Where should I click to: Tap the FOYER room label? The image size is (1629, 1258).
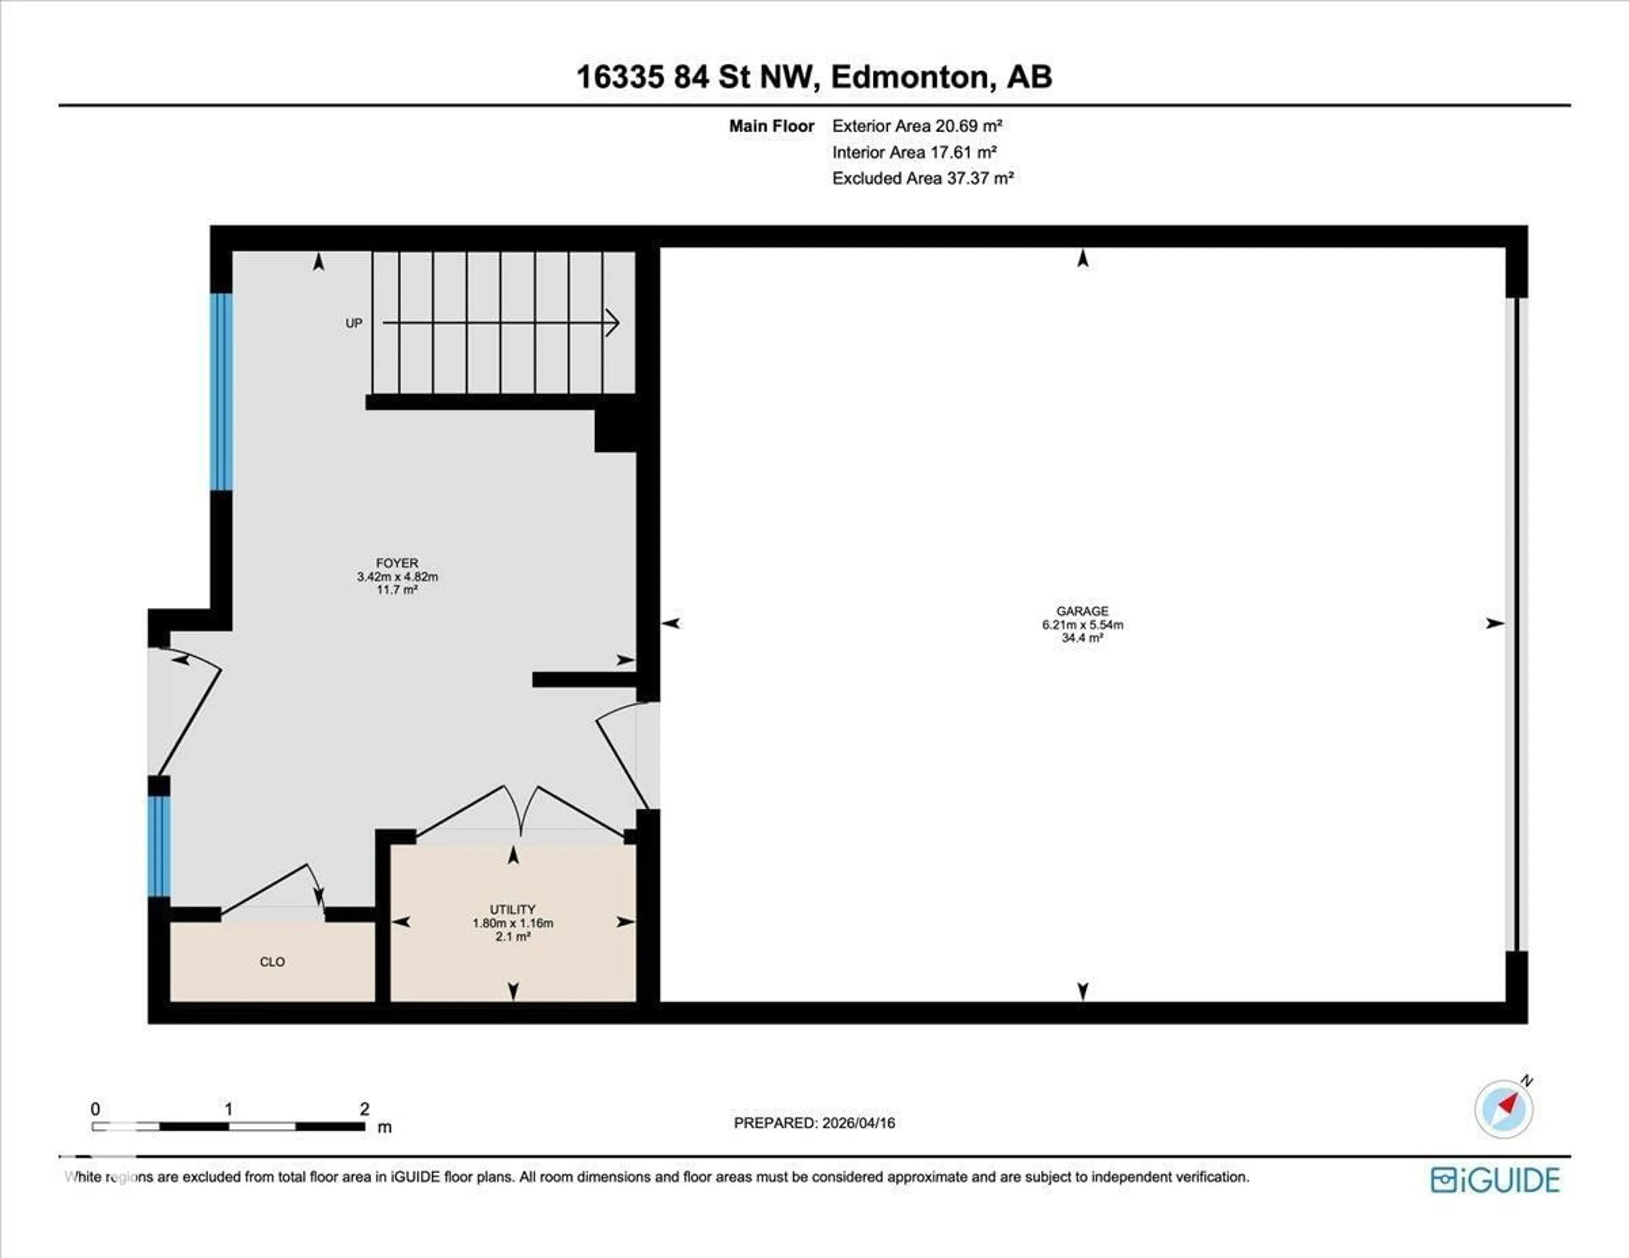pos(397,563)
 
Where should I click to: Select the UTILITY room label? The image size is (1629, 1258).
pos(512,909)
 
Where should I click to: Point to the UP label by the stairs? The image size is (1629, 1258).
pos(353,323)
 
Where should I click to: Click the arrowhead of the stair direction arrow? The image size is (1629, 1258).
pos(613,323)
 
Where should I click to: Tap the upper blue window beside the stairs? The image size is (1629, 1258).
pos(221,391)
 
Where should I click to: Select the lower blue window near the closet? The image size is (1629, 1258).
pos(159,847)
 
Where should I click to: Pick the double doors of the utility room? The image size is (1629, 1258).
pos(520,813)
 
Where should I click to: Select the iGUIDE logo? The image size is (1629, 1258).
pos(1495,1180)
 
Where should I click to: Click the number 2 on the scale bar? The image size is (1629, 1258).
pos(364,1109)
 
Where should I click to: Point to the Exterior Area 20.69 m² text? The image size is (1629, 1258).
pos(917,126)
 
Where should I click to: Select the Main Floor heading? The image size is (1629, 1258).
pos(771,126)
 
